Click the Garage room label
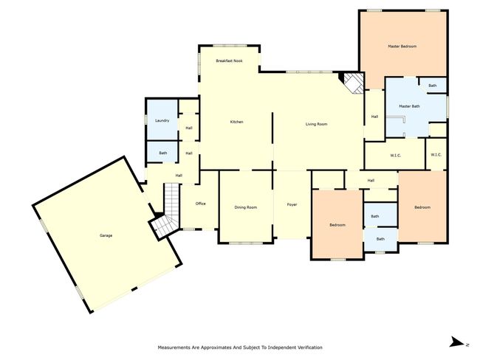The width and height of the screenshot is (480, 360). point(106,235)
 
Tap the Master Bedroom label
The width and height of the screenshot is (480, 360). point(402,46)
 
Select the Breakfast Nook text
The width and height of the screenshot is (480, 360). point(229,61)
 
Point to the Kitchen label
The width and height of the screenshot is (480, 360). point(236,122)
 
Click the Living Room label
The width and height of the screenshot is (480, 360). point(316,124)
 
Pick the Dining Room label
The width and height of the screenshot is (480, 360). point(245,207)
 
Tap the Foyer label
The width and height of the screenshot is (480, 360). point(292,204)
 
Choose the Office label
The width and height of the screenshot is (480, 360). point(201,204)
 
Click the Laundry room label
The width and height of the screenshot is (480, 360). point(162,121)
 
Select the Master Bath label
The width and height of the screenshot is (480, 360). point(409,106)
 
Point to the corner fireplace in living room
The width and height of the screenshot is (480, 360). point(352,83)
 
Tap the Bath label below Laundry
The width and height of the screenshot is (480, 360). point(163,153)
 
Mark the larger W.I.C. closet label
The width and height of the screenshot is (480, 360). point(396,156)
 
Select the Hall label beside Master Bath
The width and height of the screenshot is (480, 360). point(374,117)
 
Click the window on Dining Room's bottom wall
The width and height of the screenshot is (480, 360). point(246,243)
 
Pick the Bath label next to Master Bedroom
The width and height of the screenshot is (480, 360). point(432,86)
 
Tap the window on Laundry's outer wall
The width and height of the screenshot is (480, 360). point(146,120)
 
